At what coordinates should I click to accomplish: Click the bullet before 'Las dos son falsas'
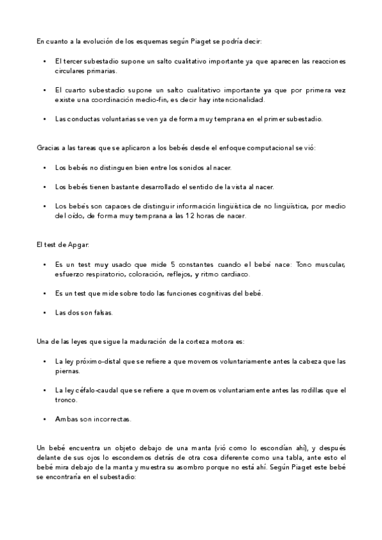[44, 312]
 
